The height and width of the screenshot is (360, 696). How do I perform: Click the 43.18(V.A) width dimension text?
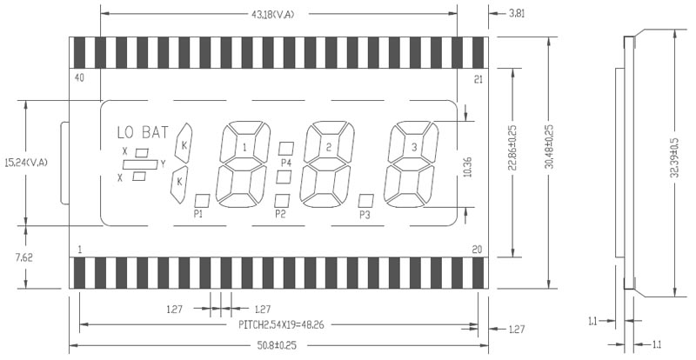[273, 14]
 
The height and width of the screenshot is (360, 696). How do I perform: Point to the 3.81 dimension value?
[516, 13]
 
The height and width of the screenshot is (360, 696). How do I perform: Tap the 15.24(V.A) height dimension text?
[25, 163]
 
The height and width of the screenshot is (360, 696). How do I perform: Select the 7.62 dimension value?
[23, 257]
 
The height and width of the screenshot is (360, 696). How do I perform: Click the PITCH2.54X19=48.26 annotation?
[281, 325]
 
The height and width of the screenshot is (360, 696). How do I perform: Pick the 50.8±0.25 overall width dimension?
[277, 345]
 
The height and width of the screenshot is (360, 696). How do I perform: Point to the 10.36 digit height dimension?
[467, 167]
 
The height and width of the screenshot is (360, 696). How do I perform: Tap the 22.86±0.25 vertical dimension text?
[513, 148]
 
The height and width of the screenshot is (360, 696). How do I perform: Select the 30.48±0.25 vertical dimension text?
[550, 146]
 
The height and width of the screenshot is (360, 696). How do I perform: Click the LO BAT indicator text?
[143, 132]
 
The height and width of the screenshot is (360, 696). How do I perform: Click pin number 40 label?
[79, 78]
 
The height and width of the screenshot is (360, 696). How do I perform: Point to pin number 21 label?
[478, 79]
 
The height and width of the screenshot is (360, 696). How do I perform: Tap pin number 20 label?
[477, 250]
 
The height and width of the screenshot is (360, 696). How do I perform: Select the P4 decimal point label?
[286, 163]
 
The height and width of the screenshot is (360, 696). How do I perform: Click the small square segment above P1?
[203, 201]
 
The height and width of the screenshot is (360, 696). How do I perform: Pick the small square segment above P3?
[366, 201]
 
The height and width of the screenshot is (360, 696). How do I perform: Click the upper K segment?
[184, 143]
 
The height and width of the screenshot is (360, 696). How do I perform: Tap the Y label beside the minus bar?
[163, 164]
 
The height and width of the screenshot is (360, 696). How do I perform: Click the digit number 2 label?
[329, 148]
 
